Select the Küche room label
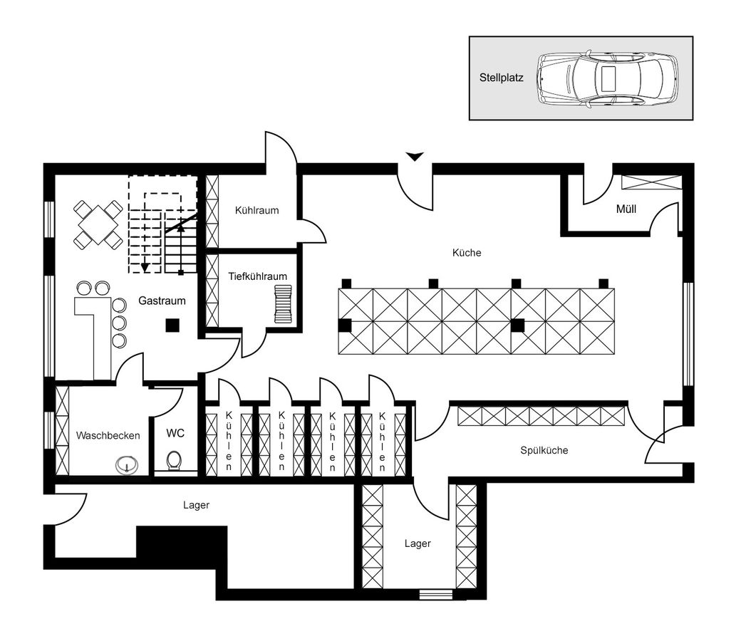pyautogui.click(x=467, y=253)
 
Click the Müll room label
pyautogui.click(x=626, y=209)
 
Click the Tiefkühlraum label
pyautogui.click(x=257, y=276)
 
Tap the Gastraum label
pyautogui.click(x=162, y=301)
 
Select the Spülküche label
pyautogui.click(x=544, y=450)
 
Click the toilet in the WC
pyautogui.click(x=172, y=462)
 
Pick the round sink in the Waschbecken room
pyautogui.click(x=126, y=466)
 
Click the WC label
pyautogui.click(x=175, y=433)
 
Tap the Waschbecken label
pyautogui.click(x=108, y=435)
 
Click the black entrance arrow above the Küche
pyautogui.click(x=414, y=156)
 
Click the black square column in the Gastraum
pyautogui.click(x=171, y=325)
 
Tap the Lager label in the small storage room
pyautogui.click(x=418, y=543)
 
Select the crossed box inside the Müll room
pyautogui.click(x=651, y=182)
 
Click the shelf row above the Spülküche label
pyautogui.click(x=541, y=416)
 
